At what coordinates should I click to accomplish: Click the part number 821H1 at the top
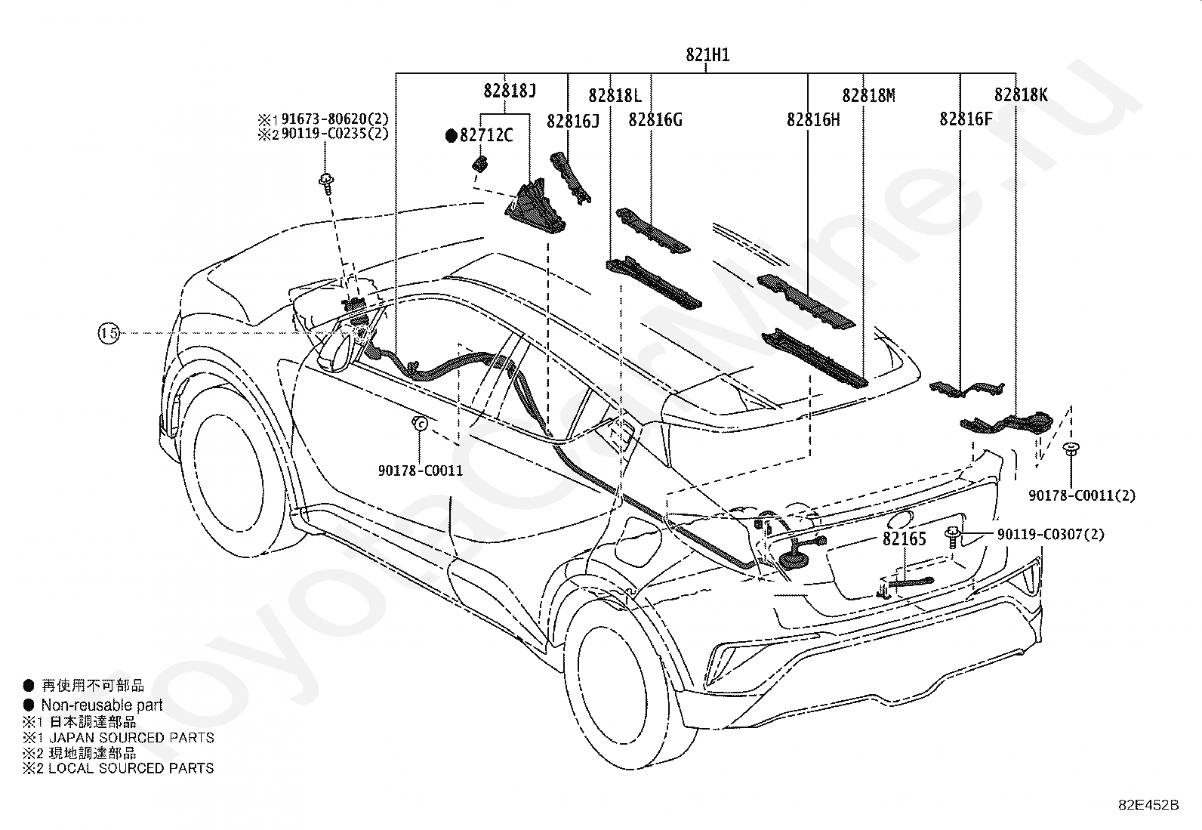coord(707,55)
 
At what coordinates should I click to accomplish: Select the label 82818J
coord(510,91)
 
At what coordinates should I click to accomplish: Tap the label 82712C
coord(486,134)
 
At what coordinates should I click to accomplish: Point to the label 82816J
coord(572,122)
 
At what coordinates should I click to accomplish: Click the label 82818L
coord(615,96)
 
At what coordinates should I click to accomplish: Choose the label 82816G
coord(655,120)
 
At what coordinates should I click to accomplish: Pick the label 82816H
coord(813,120)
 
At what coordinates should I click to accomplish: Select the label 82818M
coord(869,96)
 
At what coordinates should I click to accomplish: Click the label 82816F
coord(966,119)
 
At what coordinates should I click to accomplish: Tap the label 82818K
coord(1021,94)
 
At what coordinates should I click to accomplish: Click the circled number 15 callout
coord(109,333)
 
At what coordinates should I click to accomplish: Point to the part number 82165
coord(905,538)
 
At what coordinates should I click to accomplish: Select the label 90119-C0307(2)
coord(1051,534)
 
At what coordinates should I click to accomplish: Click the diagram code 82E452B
coord(1149,805)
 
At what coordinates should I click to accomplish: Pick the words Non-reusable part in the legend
coord(101,705)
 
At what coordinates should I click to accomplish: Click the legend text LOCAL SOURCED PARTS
coord(131,768)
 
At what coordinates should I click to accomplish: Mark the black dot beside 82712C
coord(452,136)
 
